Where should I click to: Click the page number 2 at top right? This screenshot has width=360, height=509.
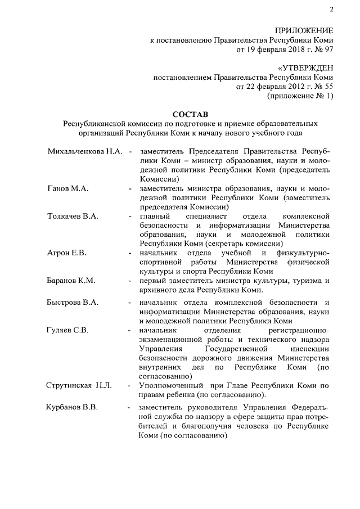[x=331, y=8]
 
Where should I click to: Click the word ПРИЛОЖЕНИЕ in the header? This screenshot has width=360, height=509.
[x=304, y=30]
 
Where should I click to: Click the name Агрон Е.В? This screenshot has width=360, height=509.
[x=66, y=253]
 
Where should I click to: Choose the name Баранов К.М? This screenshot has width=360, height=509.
[x=71, y=280]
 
